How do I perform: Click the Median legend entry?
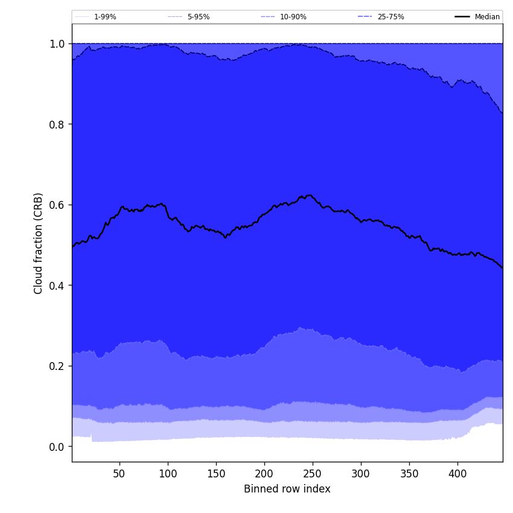(x=486, y=17)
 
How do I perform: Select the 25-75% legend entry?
(x=390, y=17)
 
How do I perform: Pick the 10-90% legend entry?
(x=293, y=17)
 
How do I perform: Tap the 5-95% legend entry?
(x=198, y=17)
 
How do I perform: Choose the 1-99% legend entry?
(x=105, y=17)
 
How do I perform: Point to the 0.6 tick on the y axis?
(x=57, y=205)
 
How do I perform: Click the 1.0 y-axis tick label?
(x=57, y=43)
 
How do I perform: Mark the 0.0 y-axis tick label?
(x=57, y=447)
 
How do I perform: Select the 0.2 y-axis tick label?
(x=57, y=366)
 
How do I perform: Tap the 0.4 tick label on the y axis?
(x=57, y=285)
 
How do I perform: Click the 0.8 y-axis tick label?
(x=57, y=124)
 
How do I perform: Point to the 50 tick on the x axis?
(x=119, y=474)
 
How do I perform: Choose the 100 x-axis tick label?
(x=168, y=474)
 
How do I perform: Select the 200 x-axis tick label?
(x=264, y=474)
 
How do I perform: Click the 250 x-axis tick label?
(x=313, y=474)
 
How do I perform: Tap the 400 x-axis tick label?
(x=457, y=474)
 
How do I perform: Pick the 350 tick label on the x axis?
(x=409, y=474)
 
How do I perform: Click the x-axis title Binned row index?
(x=287, y=489)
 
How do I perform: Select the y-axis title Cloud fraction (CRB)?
(x=39, y=243)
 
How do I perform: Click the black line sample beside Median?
(x=462, y=17)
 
